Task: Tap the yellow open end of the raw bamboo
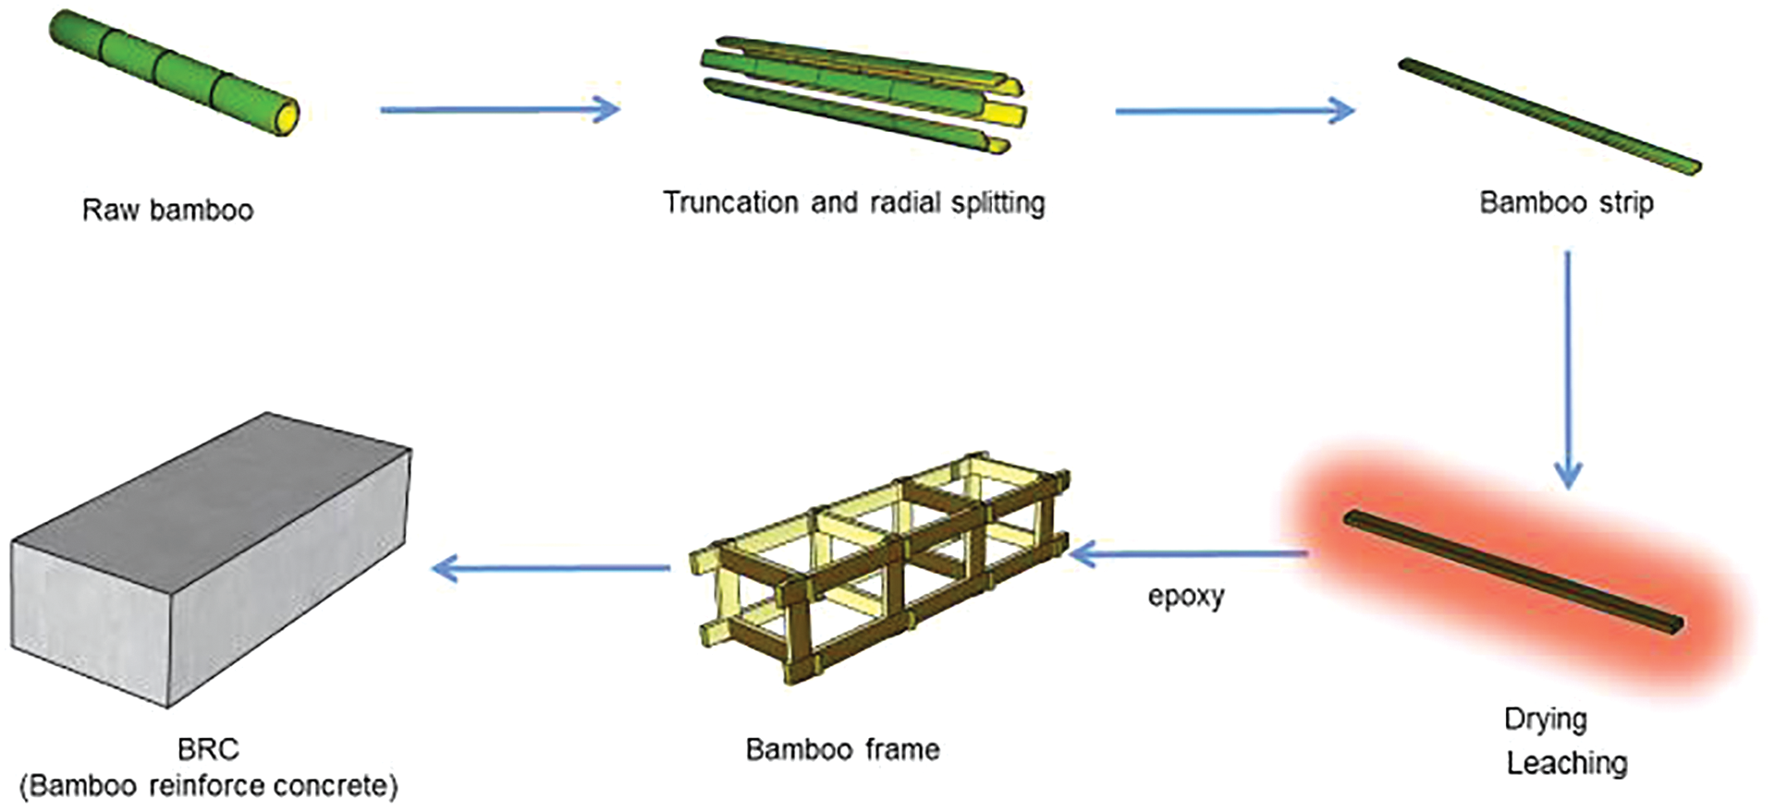[288, 117]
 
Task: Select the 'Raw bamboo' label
[167, 211]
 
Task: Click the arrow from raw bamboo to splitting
[499, 110]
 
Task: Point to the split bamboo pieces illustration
[860, 92]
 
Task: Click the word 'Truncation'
[730, 203]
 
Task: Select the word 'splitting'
[998, 203]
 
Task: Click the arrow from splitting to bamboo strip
[1234, 111]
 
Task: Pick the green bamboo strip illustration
[1549, 116]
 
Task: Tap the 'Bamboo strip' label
[1566, 203]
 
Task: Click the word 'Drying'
[1546, 720]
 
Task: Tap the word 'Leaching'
[1567, 764]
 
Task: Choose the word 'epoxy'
[1186, 597]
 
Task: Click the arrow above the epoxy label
[1189, 554]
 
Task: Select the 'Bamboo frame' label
[842, 749]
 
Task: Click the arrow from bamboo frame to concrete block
[551, 567]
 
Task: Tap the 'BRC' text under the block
[208, 749]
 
